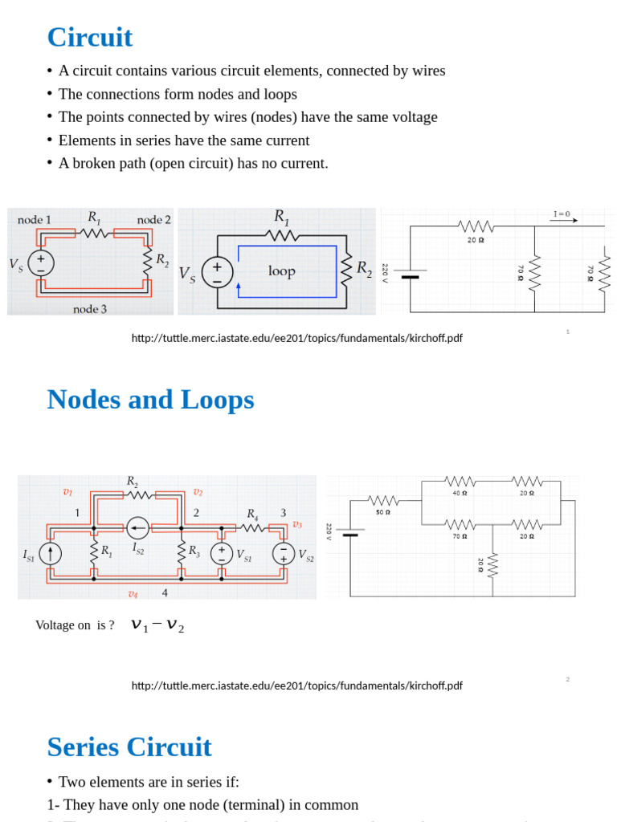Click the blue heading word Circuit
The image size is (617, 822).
[89, 38]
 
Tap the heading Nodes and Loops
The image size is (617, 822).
[150, 400]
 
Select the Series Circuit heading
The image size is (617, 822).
[129, 747]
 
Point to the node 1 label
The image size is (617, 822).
[35, 220]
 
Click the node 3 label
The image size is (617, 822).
[90, 308]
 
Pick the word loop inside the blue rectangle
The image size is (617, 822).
[282, 271]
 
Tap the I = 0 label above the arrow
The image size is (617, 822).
[562, 214]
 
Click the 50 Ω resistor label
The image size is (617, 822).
[383, 512]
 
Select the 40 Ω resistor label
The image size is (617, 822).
[460, 493]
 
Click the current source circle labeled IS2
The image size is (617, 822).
[138, 528]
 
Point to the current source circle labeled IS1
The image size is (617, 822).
[50, 554]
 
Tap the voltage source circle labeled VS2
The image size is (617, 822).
[283, 554]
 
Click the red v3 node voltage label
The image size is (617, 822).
[297, 524]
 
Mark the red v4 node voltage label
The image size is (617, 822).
[133, 594]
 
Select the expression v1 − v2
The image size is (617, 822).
[157, 625]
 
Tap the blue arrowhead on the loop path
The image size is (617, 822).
[239, 285]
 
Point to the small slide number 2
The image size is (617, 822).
[567, 679]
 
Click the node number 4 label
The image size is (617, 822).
[165, 593]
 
